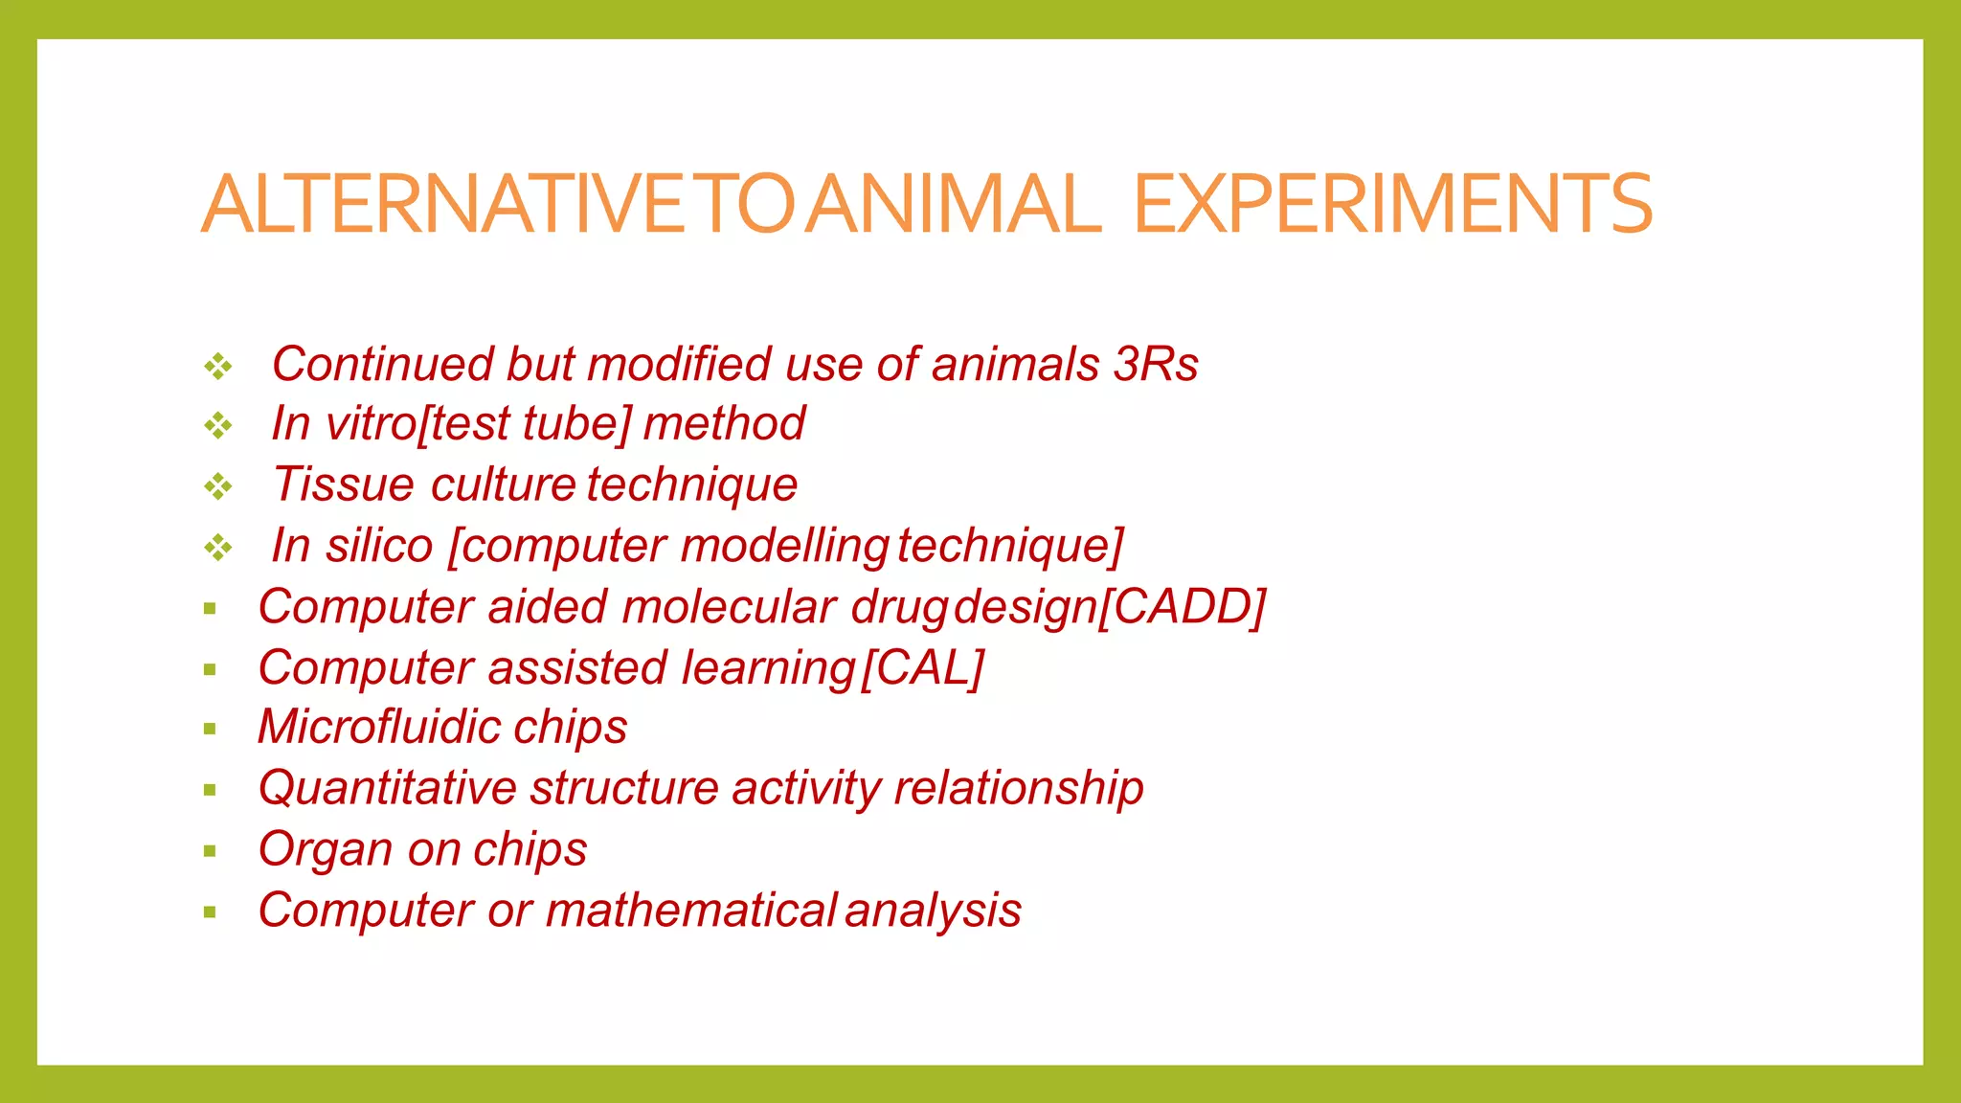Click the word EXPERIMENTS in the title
pyautogui.click(x=1393, y=204)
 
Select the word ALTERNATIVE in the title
pyautogui.click(x=445, y=204)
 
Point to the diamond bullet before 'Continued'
pyautogui.click(x=218, y=366)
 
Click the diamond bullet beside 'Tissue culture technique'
pyautogui.click(x=218, y=486)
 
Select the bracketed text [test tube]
pyautogui.click(x=526, y=424)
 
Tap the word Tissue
pyautogui.click(x=344, y=484)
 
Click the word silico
pyautogui.click(x=379, y=546)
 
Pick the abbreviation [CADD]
pyautogui.click(x=1181, y=607)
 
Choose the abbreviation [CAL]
pyautogui.click(x=923, y=667)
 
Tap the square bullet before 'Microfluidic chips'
pyautogui.click(x=211, y=730)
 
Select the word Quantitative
pyautogui.click(x=388, y=788)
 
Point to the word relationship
pyautogui.click(x=1018, y=788)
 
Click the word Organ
pyautogui.click(x=326, y=850)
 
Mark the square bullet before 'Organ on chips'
pyautogui.click(x=211, y=851)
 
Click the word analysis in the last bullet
pyautogui.click(x=933, y=911)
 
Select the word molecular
pyautogui.click(x=730, y=607)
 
